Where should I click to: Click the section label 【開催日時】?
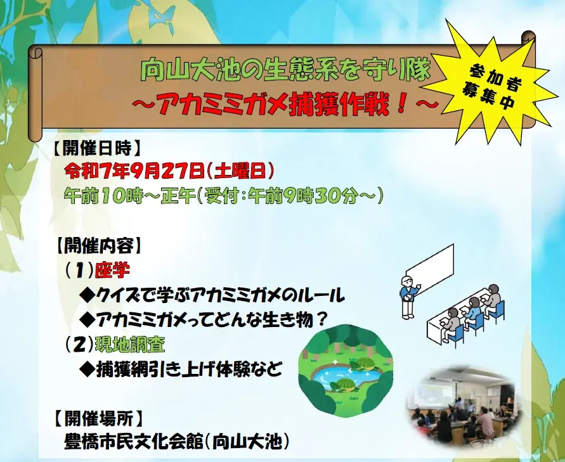(x=94, y=148)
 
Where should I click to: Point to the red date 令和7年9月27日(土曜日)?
(x=169, y=170)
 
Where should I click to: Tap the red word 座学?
(x=112, y=271)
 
